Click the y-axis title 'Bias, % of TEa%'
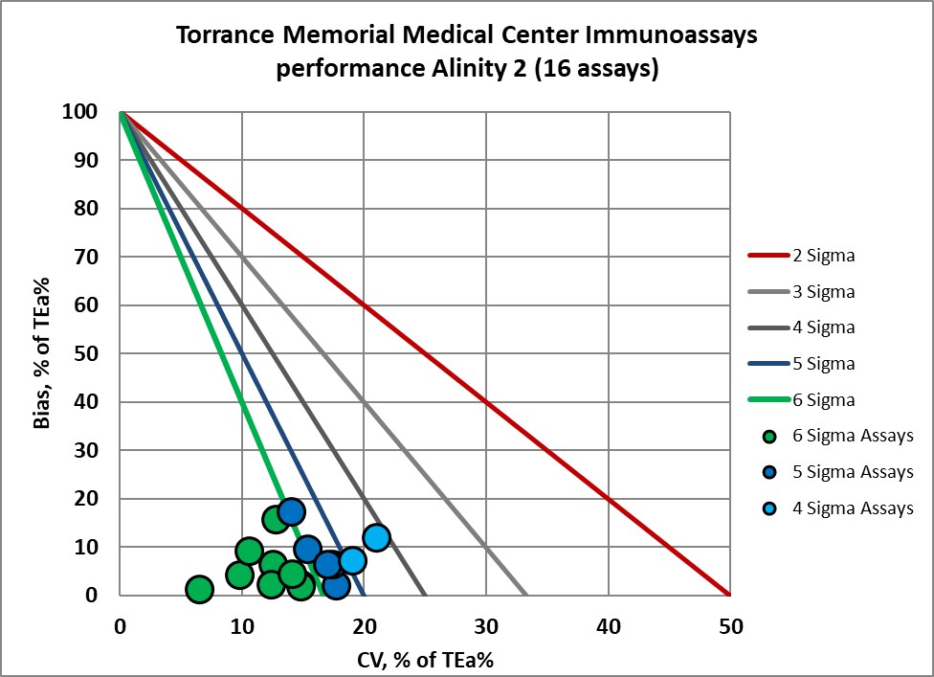(x=43, y=353)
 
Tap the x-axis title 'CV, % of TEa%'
(x=424, y=658)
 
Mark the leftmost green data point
(x=198, y=589)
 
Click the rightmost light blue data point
(x=376, y=537)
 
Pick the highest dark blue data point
(x=291, y=511)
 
